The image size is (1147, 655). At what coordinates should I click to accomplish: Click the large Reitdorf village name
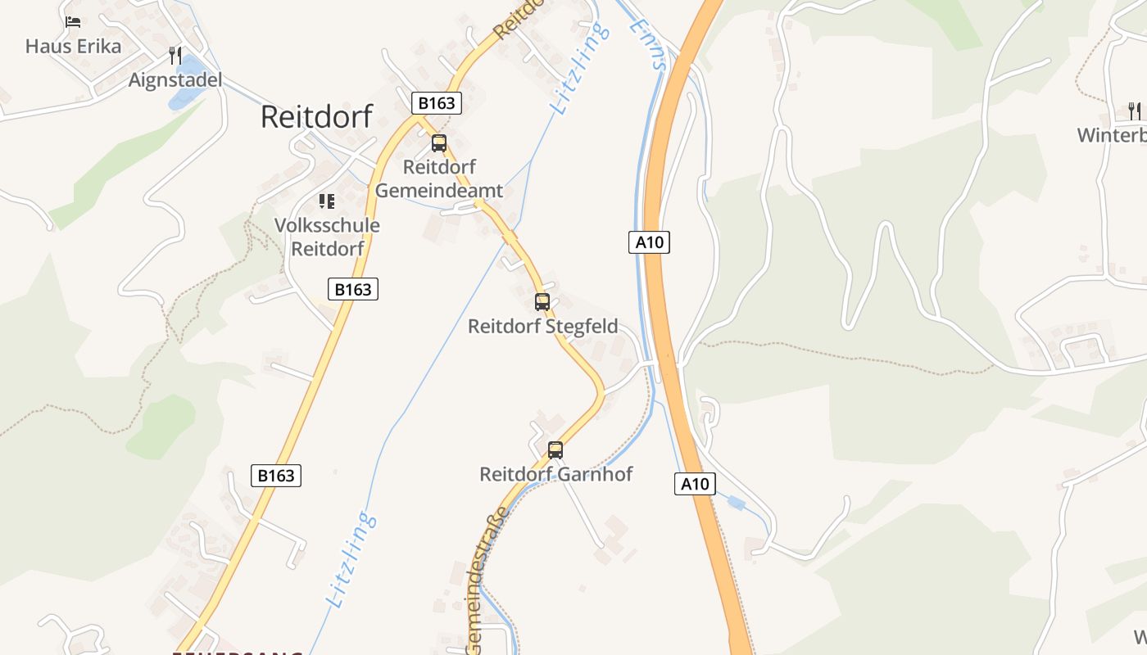click(316, 116)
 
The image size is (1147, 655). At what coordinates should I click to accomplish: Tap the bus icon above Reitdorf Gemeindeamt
click(439, 143)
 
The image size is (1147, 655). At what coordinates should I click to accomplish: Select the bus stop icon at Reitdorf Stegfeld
click(542, 301)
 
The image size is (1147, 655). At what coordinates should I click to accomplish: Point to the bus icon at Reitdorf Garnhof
click(555, 449)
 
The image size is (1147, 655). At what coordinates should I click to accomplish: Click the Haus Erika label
click(73, 46)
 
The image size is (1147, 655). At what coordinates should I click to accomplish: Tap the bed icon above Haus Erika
click(73, 22)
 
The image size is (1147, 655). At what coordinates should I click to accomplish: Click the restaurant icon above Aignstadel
click(175, 56)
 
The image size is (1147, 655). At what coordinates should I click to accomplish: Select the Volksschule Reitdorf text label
click(327, 237)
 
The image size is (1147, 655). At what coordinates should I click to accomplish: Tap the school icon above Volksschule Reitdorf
click(327, 201)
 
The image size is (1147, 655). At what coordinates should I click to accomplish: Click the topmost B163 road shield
click(436, 103)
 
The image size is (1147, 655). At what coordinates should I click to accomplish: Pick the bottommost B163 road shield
click(276, 476)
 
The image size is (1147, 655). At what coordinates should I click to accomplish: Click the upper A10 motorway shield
click(650, 242)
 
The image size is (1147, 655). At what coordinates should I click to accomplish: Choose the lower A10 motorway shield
click(695, 484)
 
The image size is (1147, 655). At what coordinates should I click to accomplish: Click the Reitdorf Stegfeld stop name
click(542, 326)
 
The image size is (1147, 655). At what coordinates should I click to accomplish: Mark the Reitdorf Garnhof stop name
click(555, 474)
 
